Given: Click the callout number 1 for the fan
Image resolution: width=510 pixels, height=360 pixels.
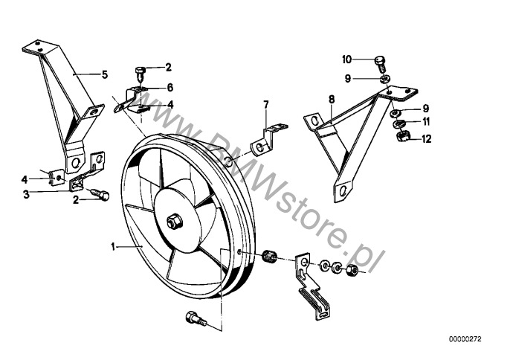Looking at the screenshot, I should pos(113,245).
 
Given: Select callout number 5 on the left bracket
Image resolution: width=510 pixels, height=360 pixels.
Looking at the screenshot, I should pos(105,74).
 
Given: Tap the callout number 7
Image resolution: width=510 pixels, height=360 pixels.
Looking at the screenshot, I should pos(265,103).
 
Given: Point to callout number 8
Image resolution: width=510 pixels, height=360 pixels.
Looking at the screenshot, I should pos(332,98).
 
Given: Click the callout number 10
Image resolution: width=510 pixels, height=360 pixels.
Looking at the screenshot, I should pos(347,59).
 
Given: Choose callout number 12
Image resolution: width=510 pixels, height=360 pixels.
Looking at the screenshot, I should pos(426,138).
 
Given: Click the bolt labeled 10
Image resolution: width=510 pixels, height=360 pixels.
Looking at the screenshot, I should pos(380,60).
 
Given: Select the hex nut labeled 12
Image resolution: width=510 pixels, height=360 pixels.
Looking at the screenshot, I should pos(398,137).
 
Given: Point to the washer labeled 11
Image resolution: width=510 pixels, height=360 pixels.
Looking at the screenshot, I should pos(398,123).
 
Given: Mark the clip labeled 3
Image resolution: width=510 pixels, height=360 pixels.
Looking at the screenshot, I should pos(77,187).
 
